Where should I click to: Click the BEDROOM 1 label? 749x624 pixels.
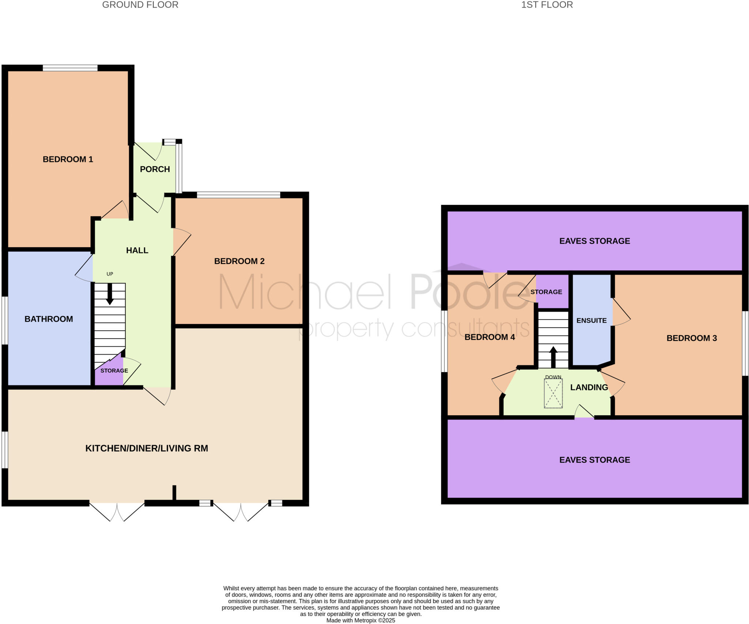(68, 159)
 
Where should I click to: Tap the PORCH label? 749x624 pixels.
(155, 169)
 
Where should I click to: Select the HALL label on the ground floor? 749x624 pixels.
(137, 250)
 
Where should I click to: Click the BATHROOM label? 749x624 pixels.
(49, 319)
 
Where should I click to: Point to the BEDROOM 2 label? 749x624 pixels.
(239, 261)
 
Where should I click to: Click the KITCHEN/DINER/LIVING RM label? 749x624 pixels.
(147, 448)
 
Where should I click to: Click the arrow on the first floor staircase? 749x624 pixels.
(553, 357)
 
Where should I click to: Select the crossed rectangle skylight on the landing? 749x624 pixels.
(553, 393)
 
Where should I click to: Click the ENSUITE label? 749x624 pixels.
(591, 320)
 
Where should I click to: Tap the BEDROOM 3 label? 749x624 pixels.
(692, 338)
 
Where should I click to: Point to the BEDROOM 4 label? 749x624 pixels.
(489, 337)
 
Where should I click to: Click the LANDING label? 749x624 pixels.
(589, 387)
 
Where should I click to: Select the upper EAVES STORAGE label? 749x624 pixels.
(595, 241)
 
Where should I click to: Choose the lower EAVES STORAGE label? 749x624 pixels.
(595, 460)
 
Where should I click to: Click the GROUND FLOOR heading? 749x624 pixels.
(140, 5)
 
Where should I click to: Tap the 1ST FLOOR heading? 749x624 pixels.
(547, 5)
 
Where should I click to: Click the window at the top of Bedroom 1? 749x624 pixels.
(70, 68)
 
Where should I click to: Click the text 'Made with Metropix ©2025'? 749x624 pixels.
(361, 620)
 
